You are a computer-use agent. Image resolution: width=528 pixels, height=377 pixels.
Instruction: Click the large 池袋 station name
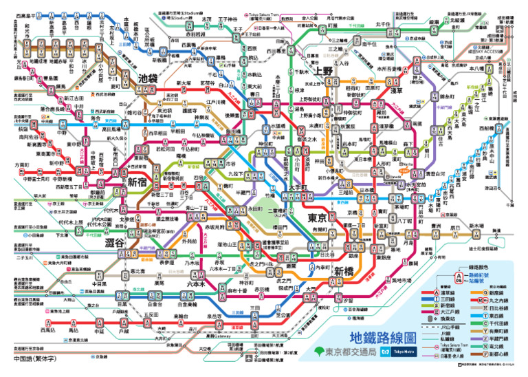[148, 78]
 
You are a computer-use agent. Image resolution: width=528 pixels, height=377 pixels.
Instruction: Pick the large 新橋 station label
[344, 271]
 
